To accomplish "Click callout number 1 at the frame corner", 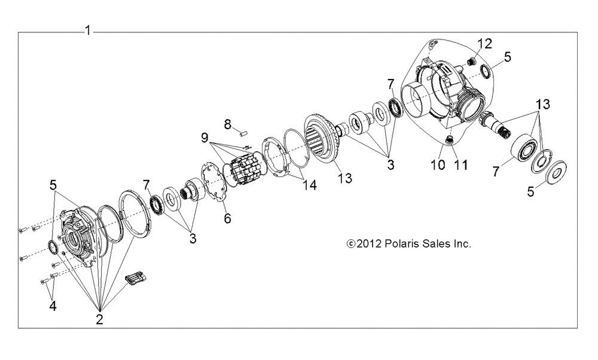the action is tap(88, 30).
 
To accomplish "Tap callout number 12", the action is tap(485, 44).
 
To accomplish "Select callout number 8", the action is tap(228, 124).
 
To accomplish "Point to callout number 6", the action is tap(227, 218).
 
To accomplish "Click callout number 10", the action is tap(438, 164).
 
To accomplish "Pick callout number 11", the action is tap(460, 164).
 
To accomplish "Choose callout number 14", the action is tap(309, 185).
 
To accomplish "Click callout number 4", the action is tap(53, 306).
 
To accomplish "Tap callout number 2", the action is tap(99, 319).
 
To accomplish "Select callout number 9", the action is tap(205, 138).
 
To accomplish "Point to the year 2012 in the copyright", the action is tap(369, 243).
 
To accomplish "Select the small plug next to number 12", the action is tap(472, 60).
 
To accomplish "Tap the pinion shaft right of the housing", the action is tap(496, 125).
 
